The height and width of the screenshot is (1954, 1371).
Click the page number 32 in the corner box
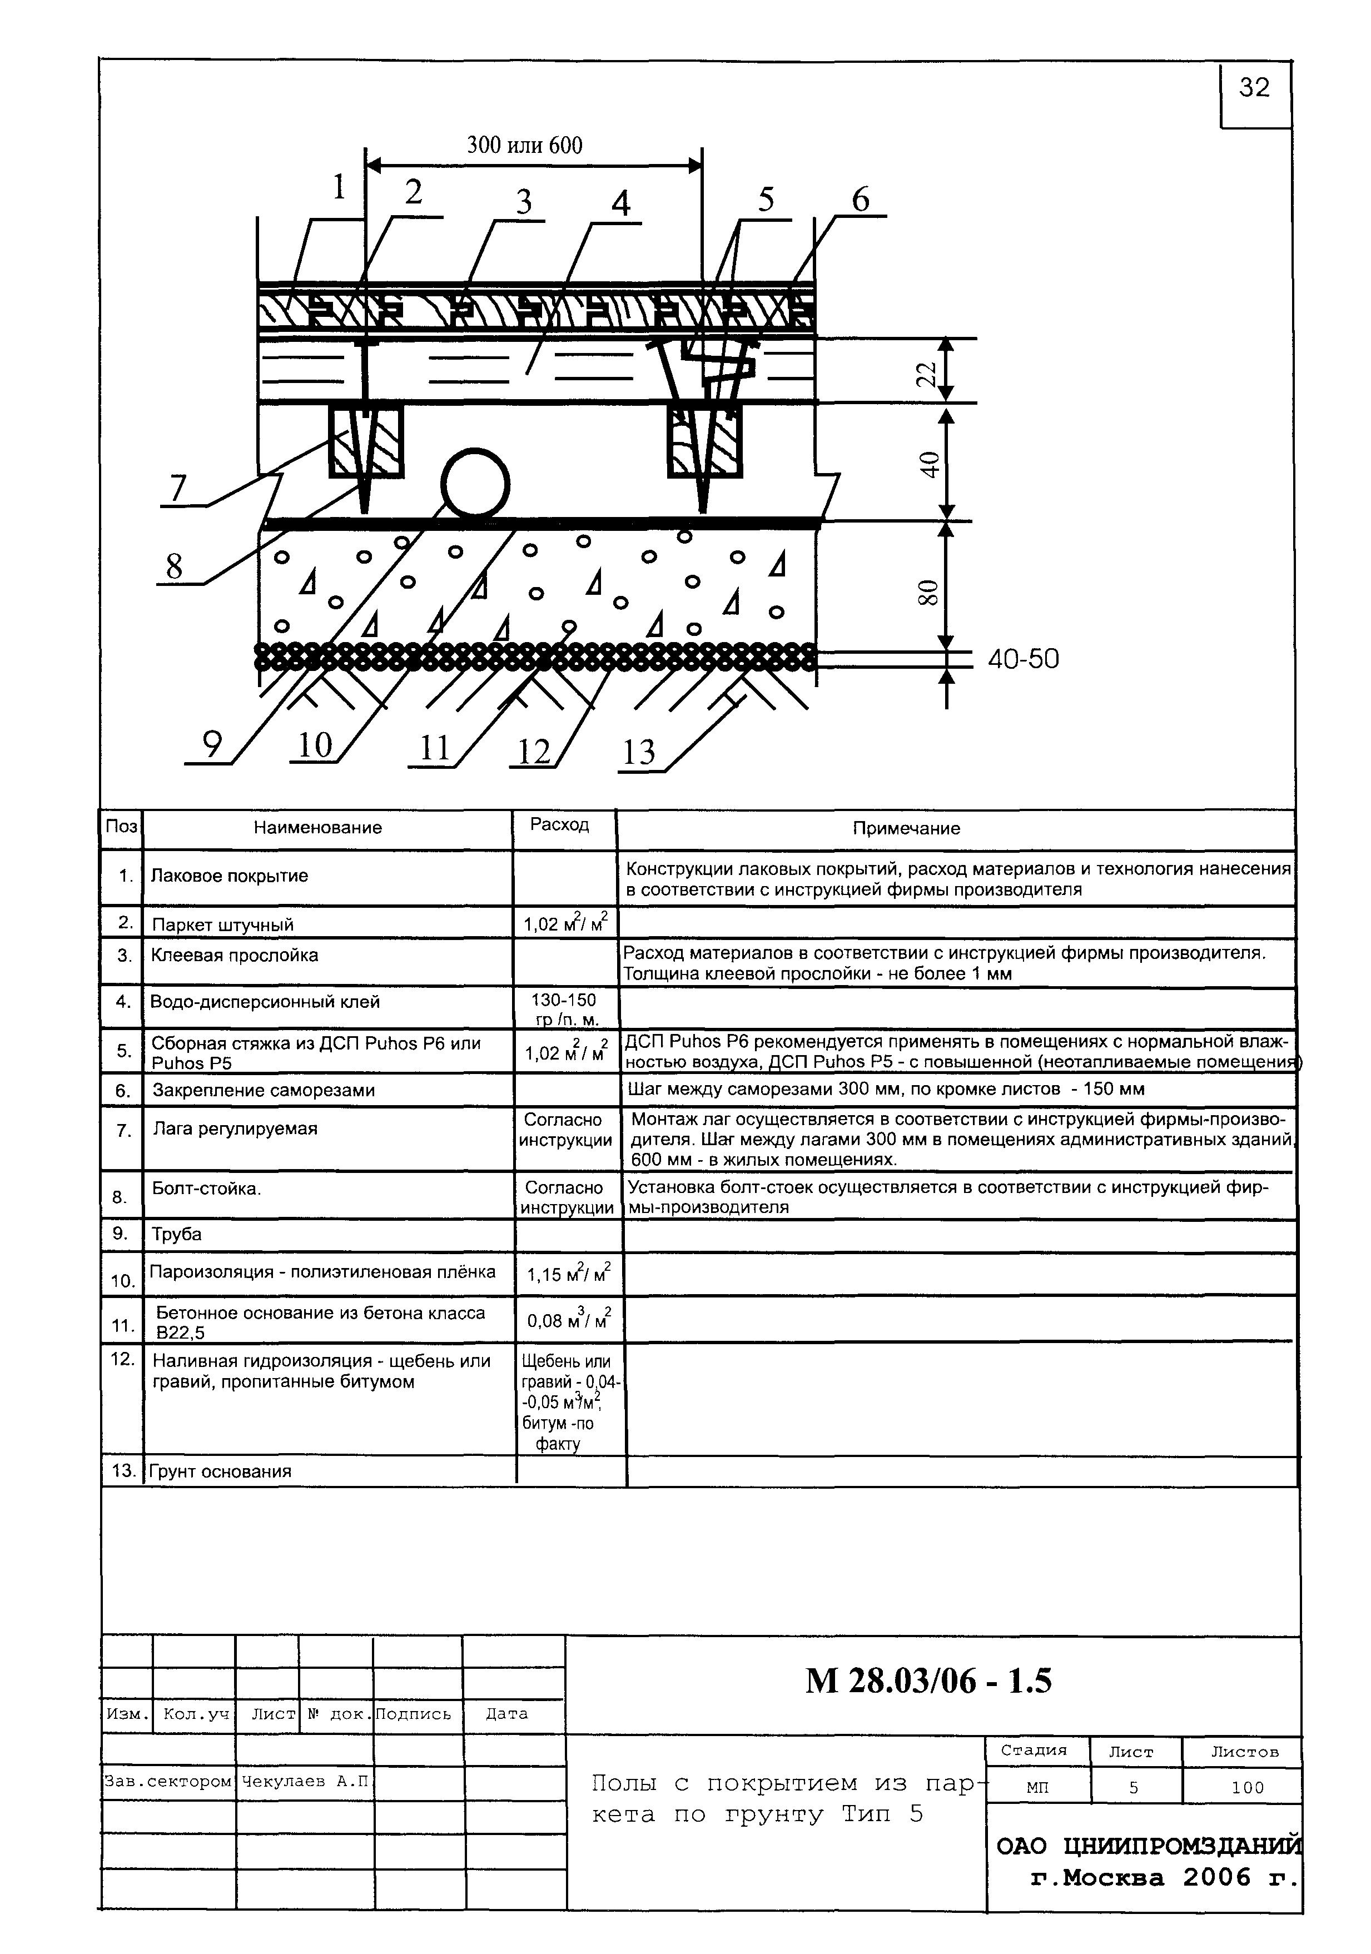coord(1254,88)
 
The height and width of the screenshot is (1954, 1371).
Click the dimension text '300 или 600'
coord(524,146)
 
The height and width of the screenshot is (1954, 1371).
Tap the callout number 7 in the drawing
coord(178,489)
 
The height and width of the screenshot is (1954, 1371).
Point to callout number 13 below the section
coord(639,752)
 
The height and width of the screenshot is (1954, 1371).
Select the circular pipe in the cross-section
coord(475,484)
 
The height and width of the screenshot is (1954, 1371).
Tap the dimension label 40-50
coord(1023,659)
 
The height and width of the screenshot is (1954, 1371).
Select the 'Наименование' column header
coord(317,827)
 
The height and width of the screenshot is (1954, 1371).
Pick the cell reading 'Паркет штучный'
coord(222,924)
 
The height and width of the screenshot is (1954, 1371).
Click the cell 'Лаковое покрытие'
coord(229,876)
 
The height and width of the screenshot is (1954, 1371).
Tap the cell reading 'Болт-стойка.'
coord(206,1188)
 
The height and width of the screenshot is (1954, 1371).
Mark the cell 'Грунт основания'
coord(220,1470)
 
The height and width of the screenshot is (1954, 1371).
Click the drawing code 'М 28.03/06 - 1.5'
coord(928,1681)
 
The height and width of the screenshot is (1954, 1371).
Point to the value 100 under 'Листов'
coord(1247,1787)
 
